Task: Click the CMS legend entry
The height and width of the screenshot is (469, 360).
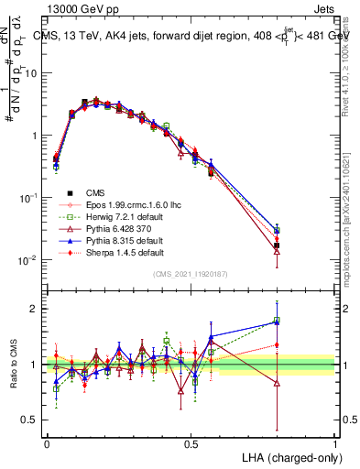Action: point(82,193)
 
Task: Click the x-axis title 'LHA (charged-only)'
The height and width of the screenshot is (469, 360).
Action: point(286,456)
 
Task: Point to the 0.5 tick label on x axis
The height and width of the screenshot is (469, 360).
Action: point(191,443)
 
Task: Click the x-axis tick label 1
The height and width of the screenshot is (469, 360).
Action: point(334,443)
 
